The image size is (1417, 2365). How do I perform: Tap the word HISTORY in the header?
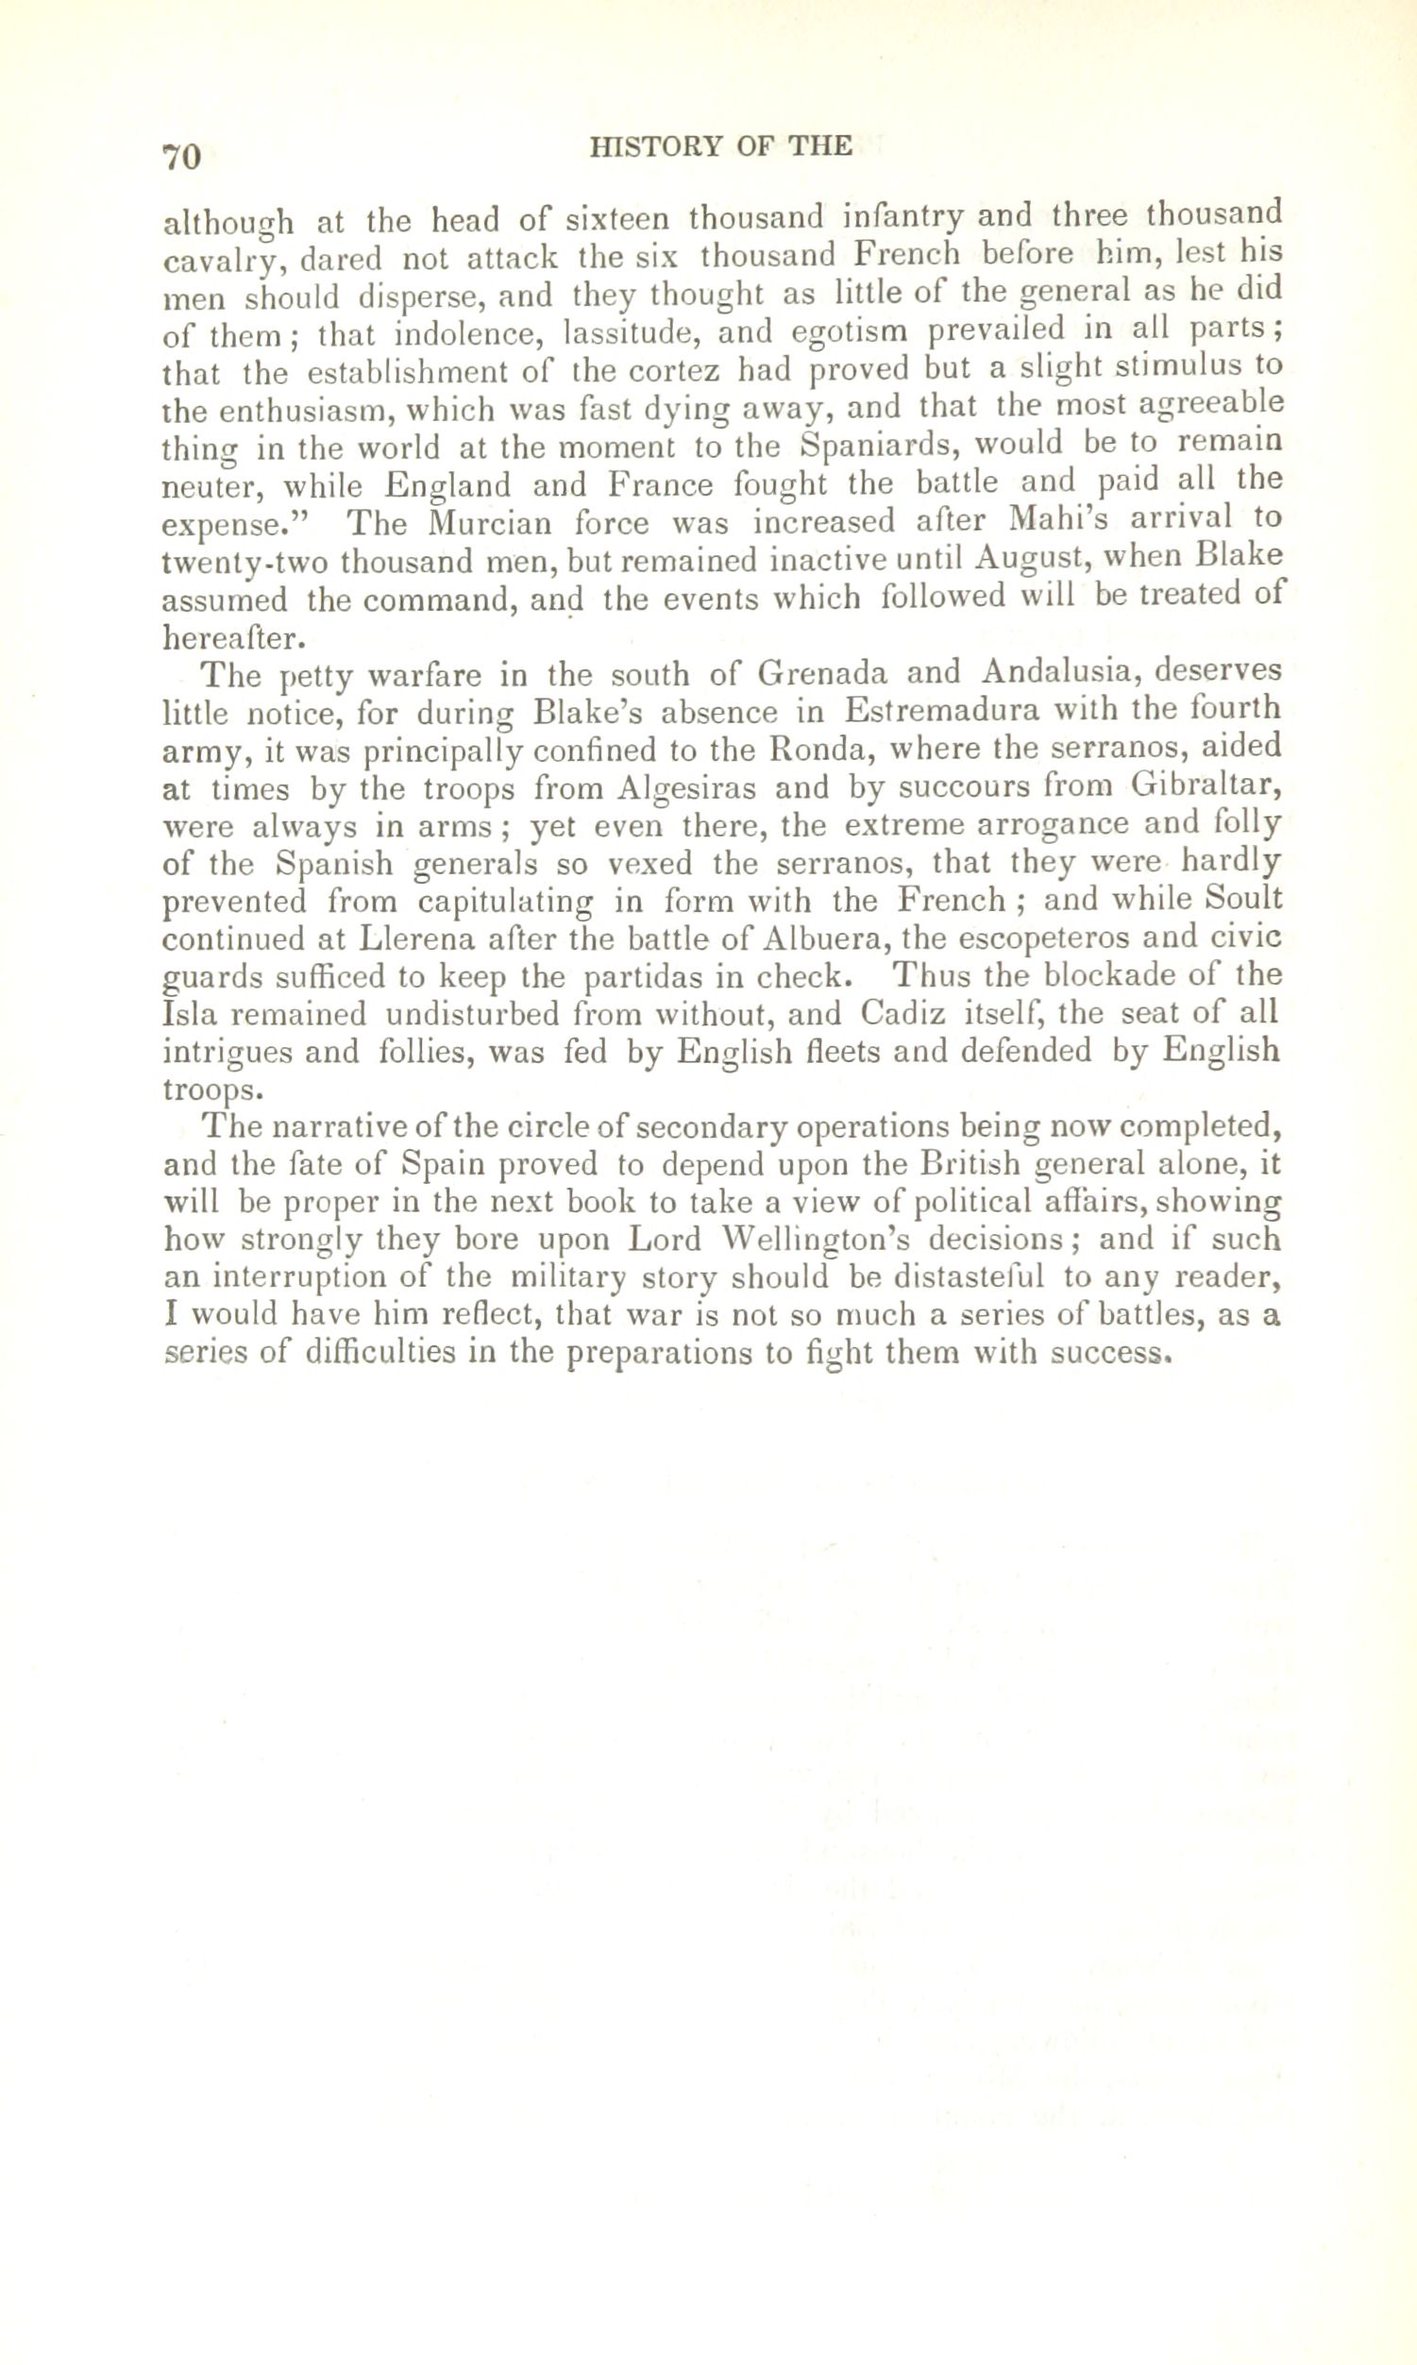(x=649, y=146)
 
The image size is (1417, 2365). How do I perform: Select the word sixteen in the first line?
(x=616, y=220)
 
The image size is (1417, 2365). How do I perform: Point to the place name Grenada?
(x=822, y=674)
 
